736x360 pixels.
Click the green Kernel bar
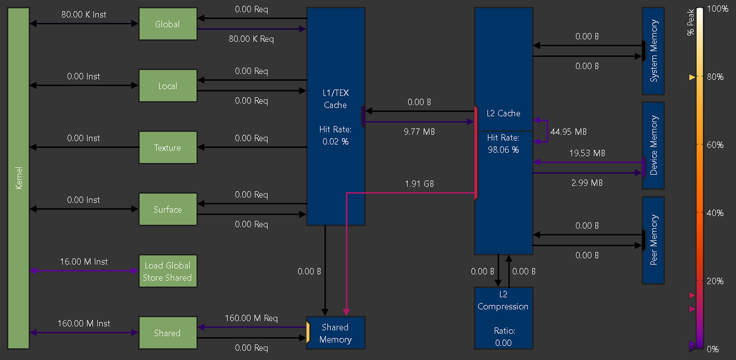18,178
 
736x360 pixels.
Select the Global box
168,24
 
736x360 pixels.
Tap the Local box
168,86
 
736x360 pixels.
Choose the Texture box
168,148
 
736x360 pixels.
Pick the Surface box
168,210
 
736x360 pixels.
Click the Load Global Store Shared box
168,272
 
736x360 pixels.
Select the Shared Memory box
335,333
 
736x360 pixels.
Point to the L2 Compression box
503,318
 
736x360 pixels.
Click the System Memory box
653,51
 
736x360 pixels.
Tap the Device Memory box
653,146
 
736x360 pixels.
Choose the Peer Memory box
653,240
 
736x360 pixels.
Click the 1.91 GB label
419,184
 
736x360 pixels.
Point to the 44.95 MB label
568,132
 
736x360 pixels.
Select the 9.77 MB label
419,132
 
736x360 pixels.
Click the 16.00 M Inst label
84,262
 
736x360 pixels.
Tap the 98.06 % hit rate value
503,150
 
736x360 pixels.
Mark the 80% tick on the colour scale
715,77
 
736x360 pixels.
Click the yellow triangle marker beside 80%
692,77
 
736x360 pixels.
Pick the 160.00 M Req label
251,318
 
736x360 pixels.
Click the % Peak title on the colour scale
691,25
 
